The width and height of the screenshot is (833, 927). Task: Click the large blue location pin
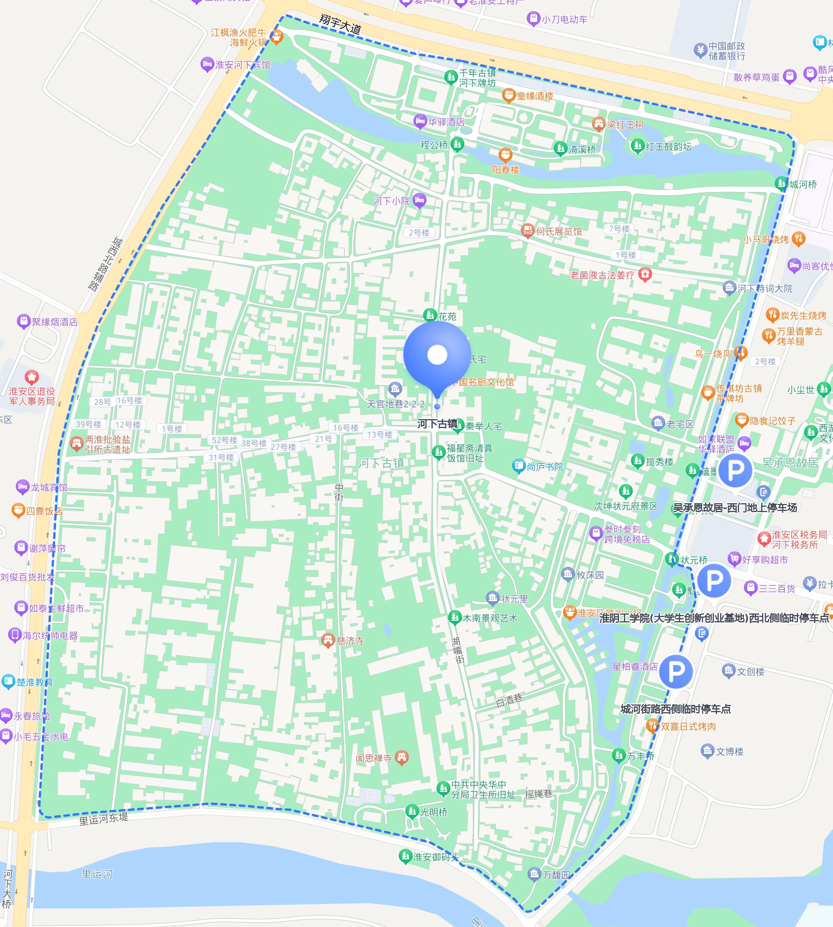pyautogui.click(x=437, y=355)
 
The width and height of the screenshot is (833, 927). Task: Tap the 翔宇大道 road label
pyautogui.click(x=340, y=24)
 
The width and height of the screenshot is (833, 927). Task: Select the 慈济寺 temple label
pyautogui.click(x=350, y=640)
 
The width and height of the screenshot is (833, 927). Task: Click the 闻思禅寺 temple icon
pyautogui.click(x=401, y=758)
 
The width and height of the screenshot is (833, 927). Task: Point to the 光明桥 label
pyautogui.click(x=434, y=812)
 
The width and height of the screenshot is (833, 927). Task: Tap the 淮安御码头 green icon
pyautogui.click(x=405, y=856)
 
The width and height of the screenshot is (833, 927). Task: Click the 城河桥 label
pyautogui.click(x=803, y=184)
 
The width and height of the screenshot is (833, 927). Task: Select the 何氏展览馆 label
pyautogui.click(x=559, y=231)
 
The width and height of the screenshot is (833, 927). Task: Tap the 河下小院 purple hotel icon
pyautogui.click(x=419, y=200)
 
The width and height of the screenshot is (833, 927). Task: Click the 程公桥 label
pyautogui.click(x=434, y=145)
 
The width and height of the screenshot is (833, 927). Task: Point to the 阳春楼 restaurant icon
pyautogui.click(x=505, y=155)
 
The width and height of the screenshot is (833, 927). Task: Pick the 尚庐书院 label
pyautogui.click(x=545, y=467)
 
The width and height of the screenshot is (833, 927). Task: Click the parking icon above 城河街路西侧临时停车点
pyautogui.click(x=676, y=671)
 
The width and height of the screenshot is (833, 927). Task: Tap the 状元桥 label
pyautogui.click(x=694, y=560)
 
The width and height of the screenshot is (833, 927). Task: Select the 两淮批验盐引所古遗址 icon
pyautogui.click(x=76, y=443)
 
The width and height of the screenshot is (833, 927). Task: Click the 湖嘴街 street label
pyautogui.click(x=458, y=650)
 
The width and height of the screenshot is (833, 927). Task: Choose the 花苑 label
pyautogui.click(x=447, y=316)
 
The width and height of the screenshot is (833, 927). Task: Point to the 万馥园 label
pyautogui.click(x=556, y=875)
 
